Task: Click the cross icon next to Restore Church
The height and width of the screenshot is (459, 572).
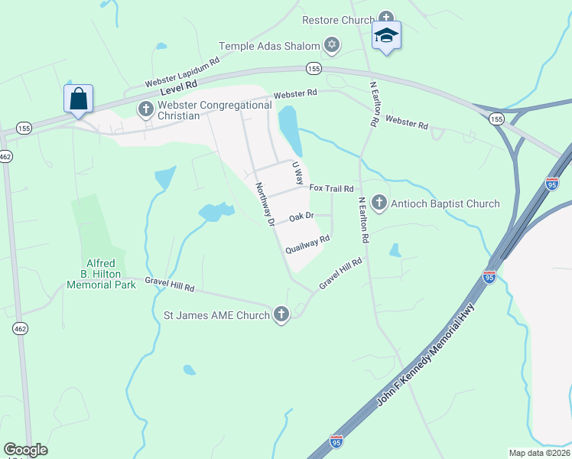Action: (x=386, y=18)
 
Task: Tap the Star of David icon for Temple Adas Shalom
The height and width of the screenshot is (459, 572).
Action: (x=331, y=46)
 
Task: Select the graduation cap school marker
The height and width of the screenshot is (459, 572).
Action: (x=386, y=36)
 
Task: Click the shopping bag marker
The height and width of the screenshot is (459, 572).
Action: (x=78, y=99)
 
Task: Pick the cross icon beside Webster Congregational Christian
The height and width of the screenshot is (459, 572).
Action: (x=145, y=109)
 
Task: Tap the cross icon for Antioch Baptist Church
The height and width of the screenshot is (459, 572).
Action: (x=379, y=203)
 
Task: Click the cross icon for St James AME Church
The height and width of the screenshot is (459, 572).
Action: (x=281, y=314)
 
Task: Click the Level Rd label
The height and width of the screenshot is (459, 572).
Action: (x=180, y=85)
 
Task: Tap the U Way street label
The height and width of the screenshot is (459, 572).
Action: (x=298, y=171)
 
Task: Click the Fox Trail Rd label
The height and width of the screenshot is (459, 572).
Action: (x=331, y=188)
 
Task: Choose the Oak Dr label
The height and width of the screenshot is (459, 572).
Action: (x=301, y=216)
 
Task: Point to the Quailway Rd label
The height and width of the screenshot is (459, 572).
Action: (x=307, y=244)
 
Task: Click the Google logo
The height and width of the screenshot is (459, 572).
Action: (x=25, y=450)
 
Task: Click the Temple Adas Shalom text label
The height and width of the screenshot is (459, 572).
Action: (x=269, y=46)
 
